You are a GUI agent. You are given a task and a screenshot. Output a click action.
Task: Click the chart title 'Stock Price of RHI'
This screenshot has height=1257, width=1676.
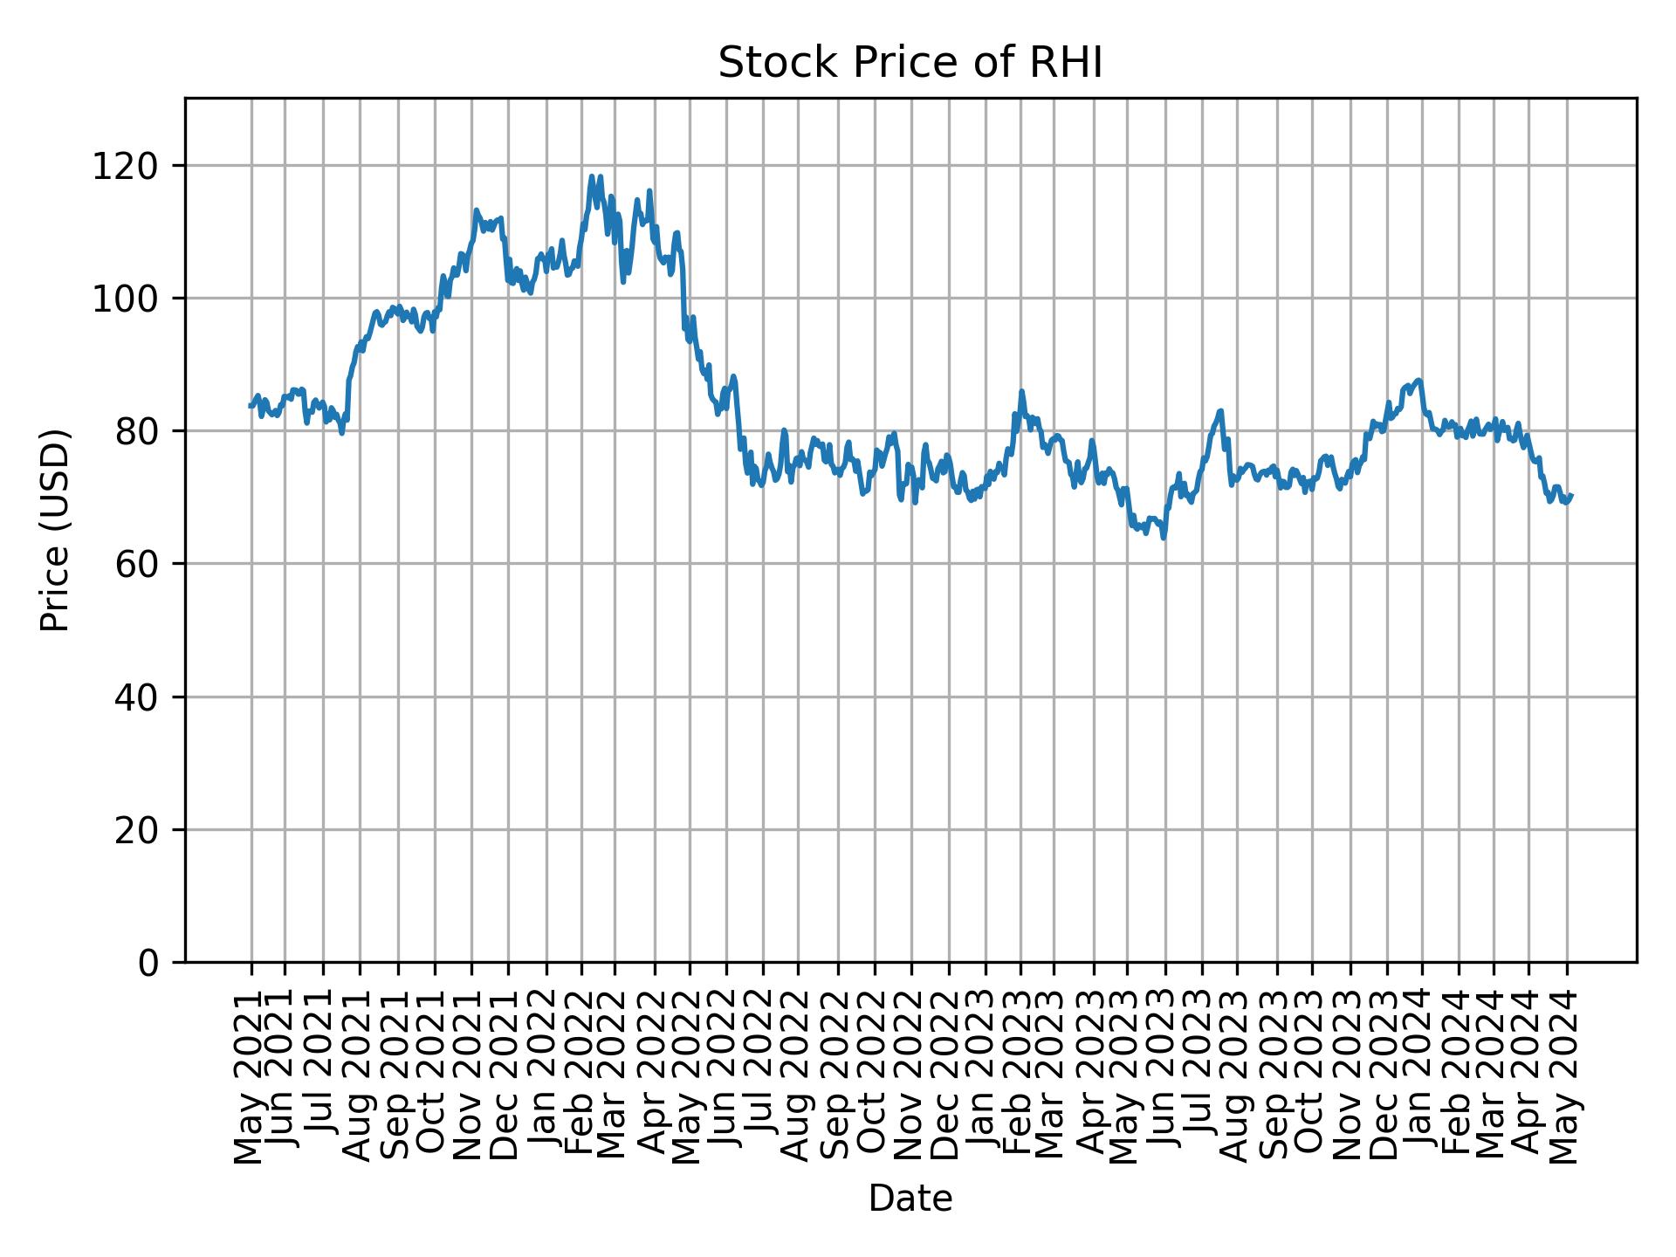tap(910, 64)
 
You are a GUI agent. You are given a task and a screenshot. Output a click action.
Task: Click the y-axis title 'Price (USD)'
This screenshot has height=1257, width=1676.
tap(55, 530)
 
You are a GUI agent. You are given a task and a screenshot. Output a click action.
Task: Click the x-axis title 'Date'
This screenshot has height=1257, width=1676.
tap(910, 1199)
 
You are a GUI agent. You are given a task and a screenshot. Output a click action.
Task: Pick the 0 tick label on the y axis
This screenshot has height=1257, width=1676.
tap(149, 962)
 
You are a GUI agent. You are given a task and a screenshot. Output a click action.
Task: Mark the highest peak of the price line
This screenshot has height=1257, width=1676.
tap(592, 176)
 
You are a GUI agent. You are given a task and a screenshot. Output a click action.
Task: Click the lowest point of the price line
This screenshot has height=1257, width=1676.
tap(1164, 538)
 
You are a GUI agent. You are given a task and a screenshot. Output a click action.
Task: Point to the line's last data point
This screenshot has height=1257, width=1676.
tap(1571, 495)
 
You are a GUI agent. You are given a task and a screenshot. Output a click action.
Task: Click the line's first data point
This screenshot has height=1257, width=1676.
tap(250, 406)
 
